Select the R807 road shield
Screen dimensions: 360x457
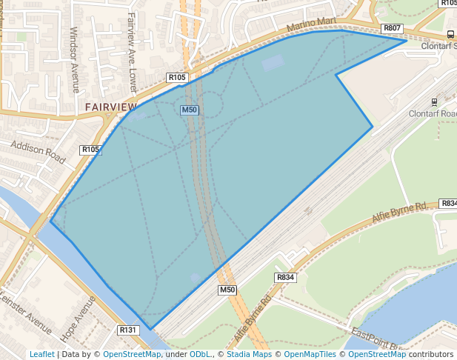tap(393, 28)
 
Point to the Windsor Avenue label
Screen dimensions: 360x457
tap(74, 60)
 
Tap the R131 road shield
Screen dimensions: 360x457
tap(128, 330)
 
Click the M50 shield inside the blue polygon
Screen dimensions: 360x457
tap(190, 110)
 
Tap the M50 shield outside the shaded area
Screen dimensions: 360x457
tap(227, 290)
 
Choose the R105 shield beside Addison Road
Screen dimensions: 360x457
tap(90, 150)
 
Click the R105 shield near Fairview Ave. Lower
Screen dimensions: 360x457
tap(177, 77)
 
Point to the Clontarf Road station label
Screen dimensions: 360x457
tap(434, 114)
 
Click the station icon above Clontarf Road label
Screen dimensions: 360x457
tap(434, 101)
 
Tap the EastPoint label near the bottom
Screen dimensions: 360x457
tap(375, 338)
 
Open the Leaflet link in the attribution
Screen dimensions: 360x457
tap(41, 354)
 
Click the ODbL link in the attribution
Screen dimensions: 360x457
tap(200, 354)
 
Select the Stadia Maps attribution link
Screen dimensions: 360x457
tap(249, 354)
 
